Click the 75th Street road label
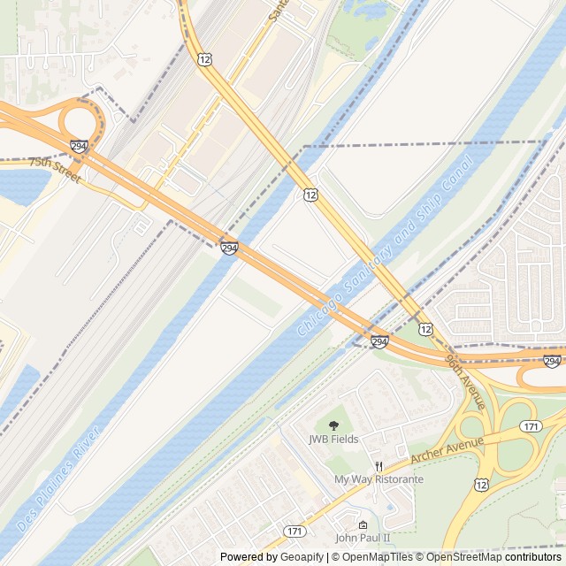click(55, 170)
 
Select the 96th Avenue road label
click(466, 381)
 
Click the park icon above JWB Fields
click(333, 425)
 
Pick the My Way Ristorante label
click(379, 479)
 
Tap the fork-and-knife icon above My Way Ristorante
click(379, 466)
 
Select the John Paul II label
click(362, 538)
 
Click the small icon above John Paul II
click(362, 524)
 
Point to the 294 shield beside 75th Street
click(80, 147)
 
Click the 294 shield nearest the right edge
click(552, 362)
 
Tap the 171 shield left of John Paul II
click(294, 531)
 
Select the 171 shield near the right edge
click(531, 426)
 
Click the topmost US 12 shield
click(205, 58)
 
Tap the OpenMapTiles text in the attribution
click(371, 557)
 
